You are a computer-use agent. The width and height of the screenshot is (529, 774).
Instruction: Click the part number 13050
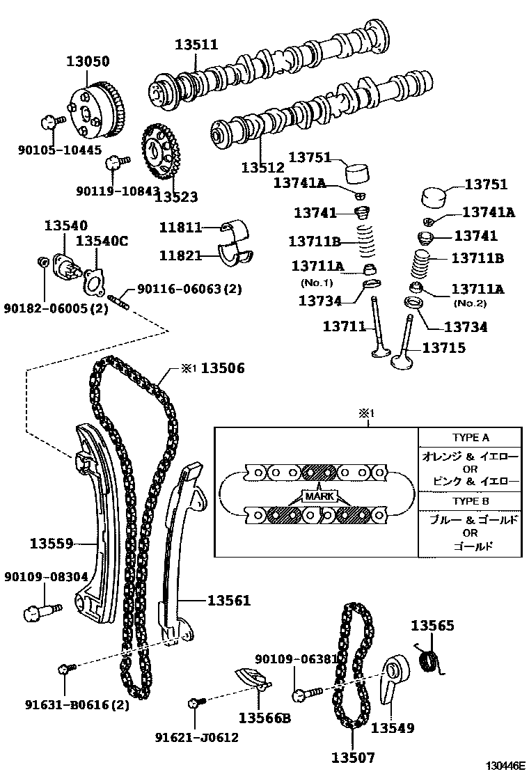(x=88, y=61)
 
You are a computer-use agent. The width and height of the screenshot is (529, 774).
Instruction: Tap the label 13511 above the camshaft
(x=196, y=45)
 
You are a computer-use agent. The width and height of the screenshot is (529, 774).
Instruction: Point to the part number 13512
(x=263, y=167)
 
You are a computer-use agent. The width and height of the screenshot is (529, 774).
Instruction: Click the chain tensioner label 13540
(x=66, y=226)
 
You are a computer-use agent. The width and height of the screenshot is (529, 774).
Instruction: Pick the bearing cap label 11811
(x=180, y=227)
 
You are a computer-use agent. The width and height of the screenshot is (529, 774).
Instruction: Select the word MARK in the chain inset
(x=318, y=496)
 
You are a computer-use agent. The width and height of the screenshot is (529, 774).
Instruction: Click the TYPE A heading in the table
(x=471, y=438)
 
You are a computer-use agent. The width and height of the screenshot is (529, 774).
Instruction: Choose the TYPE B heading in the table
(x=471, y=501)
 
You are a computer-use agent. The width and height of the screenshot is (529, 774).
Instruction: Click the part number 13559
(x=52, y=543)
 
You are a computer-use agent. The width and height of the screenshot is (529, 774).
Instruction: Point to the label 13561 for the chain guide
(x=228, y=600)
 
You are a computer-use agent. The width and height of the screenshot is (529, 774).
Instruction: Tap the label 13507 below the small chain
(x=353, y=757)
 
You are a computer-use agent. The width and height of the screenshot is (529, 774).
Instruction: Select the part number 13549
(x=393, y=728)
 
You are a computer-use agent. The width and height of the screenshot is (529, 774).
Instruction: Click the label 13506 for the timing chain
(x=223, y=368)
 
